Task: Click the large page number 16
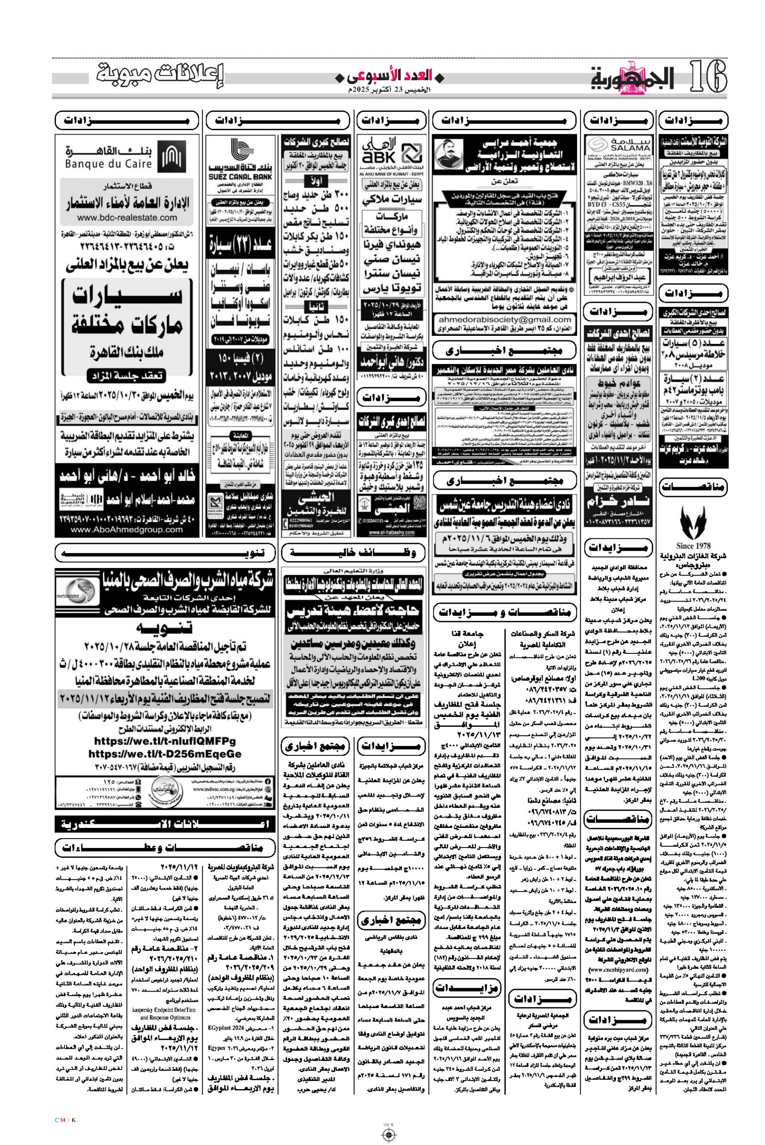707,77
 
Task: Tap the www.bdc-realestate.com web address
127,217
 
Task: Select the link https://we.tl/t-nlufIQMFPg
165,741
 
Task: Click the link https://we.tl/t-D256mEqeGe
165,754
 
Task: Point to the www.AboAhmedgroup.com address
127,530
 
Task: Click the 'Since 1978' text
693,546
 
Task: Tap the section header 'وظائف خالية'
353,553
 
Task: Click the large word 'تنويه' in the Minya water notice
164,628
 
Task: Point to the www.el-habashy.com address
391,533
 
